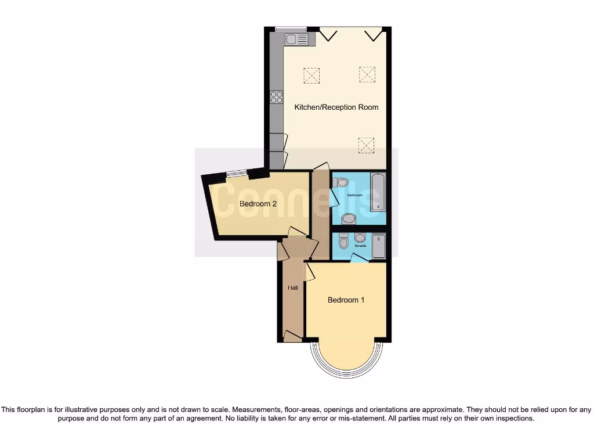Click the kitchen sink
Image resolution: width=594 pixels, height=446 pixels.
tap(296, 39)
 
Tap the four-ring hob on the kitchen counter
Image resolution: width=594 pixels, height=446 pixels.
tap(276, 97)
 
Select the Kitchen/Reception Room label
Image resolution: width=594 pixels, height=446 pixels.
tap(336, 107)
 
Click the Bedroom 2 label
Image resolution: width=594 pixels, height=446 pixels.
tap(258, 204)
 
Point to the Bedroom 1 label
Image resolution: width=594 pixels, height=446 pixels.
tap(346, 300)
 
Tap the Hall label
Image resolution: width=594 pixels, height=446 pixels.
tap(293, 287)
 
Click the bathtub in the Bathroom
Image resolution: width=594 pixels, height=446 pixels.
tap(378, 192)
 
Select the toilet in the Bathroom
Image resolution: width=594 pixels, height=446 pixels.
tap(339, 182)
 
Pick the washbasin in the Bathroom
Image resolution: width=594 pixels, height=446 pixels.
tap(349, 219)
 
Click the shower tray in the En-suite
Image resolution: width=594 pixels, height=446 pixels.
tap(379, 246)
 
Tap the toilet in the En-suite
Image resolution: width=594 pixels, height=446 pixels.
tap(343, 240)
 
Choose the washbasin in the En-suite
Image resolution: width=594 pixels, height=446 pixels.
tap(360, 238)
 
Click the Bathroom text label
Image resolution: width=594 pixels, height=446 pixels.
tap(354, 195)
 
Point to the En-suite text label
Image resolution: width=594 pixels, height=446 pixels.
tap(360, 246)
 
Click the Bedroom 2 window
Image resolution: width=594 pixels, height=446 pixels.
tap(236, 172)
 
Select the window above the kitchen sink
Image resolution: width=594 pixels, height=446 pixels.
tap(291, 28)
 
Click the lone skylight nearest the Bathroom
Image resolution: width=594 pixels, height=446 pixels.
tap(366, 145)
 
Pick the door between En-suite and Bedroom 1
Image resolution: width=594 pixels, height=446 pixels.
tap(360, 259)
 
